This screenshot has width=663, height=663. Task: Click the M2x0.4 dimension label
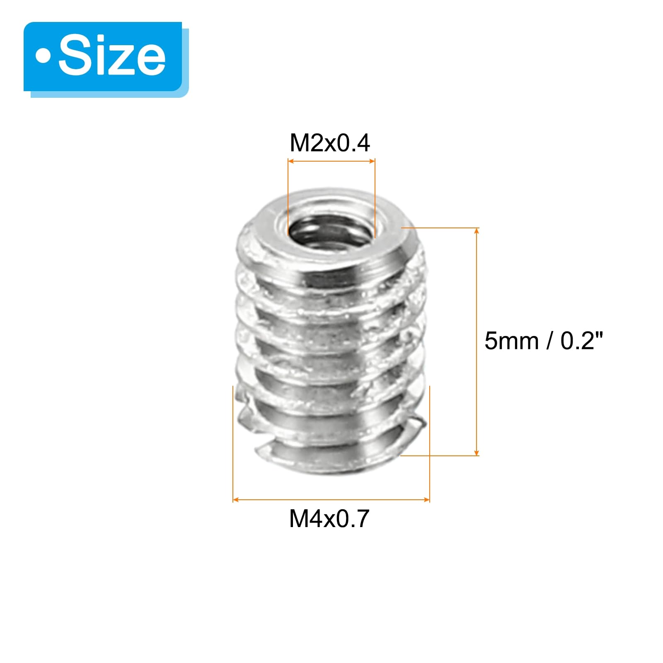coord(329,143)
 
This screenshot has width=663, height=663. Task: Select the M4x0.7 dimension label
coord(329,518)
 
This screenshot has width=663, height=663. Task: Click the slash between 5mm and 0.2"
coord(550,341)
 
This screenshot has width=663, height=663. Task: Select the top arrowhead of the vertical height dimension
coord(477,231)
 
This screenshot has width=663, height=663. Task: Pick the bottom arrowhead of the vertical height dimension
coord(477,452)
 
